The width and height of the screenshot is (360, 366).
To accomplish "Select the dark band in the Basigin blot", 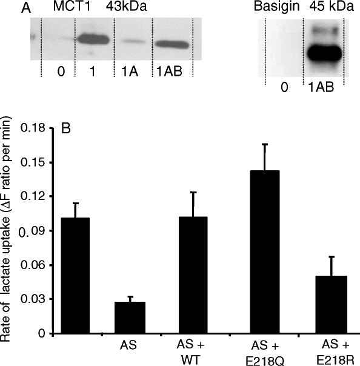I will click(322, 54).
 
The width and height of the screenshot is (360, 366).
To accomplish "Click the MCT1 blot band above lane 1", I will click(92, 41).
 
